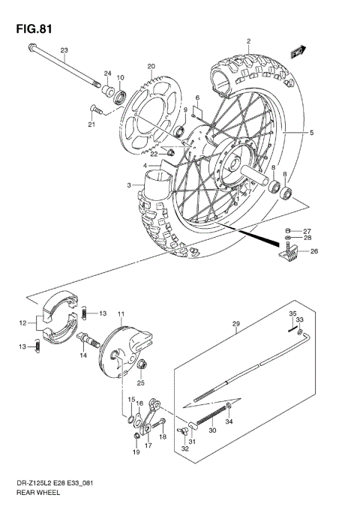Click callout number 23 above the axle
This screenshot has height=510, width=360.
coord(64,50)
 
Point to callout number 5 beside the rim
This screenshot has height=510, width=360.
coord(312,133)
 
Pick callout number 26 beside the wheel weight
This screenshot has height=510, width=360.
coord(313,251)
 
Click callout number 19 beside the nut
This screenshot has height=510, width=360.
coord(136,453)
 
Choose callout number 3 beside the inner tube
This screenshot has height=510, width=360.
coord(129,184)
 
